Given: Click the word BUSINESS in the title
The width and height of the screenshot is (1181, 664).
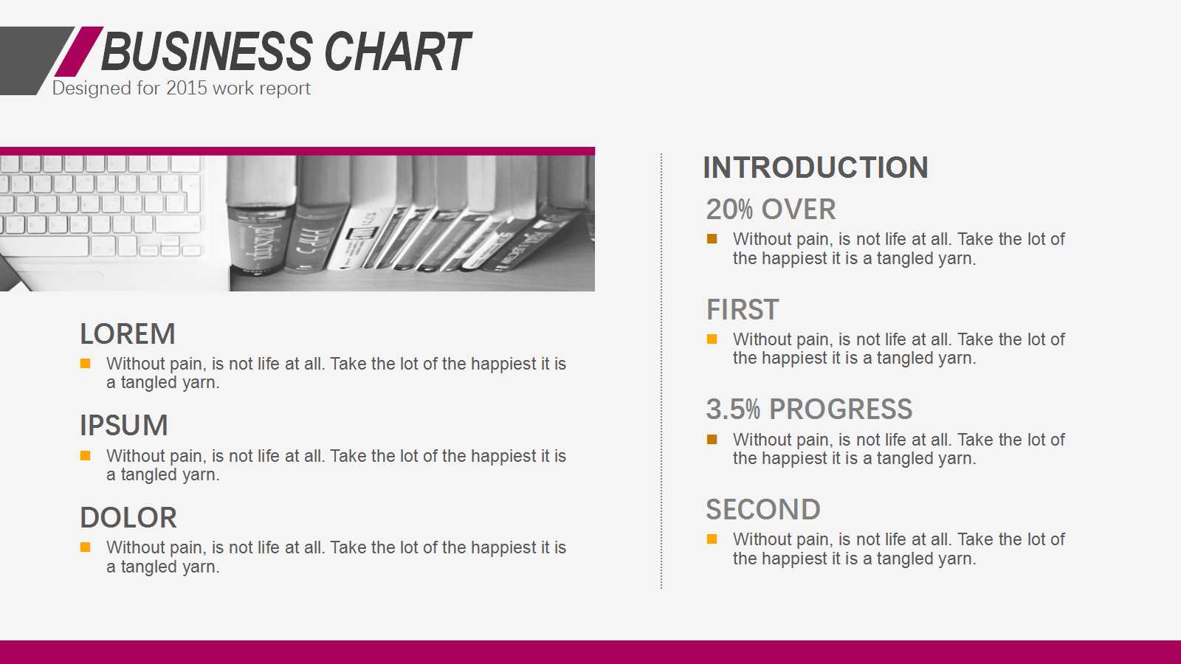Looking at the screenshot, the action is pyautogui.click(x=207, y=51).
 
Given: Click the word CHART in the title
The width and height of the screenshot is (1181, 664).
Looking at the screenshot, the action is pyautogui.click(x=398, y=51).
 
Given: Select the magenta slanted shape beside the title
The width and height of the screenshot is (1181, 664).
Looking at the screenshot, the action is pyautogui.click(x=79, y=52).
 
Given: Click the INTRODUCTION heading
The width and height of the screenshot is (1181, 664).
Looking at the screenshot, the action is pyautogui.click(x=815, y=167).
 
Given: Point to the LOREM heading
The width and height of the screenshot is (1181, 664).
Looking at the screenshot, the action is pyautogui.click(x=128, y=334).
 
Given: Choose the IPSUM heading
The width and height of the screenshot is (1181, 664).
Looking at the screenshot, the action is pyautogui.click(x=124, y=426).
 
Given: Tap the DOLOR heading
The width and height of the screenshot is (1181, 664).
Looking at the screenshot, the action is pyautogui.click(x=128, y=517).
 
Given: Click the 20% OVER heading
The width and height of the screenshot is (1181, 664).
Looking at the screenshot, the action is pyautogui.click(x=771, y=210).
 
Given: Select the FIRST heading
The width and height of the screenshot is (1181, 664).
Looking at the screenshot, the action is pyautogui.click(x=743, y=309).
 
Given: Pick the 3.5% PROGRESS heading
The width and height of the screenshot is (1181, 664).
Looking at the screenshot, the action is pyautogui.click(x=809, y=409).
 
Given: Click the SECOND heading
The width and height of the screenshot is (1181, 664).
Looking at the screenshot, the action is pyautogui.click(x=763, y=510).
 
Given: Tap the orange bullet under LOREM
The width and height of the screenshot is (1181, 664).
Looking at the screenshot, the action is pyautogui.click(x=86, y=364).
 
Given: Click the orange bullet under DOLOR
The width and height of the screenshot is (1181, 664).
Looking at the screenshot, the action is pyautogui.click(x=86, y=547).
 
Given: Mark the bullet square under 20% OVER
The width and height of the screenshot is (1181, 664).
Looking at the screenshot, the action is pyautogui.click(x=712, y=239).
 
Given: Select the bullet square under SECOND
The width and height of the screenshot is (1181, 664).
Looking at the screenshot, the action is pyautogui.click(x=712, y=539).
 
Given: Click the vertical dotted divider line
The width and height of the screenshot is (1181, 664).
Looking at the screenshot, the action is pyautogui.click(x=661, y=371).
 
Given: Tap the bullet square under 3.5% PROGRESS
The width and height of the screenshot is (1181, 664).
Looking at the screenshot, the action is pyautogui.click(x=712, y=440).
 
